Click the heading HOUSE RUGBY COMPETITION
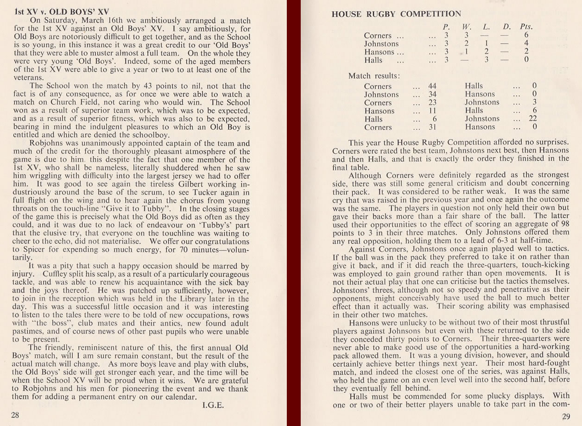[x=396, y=14]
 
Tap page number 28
[x=15, y=415]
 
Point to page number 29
[x=566, y=417]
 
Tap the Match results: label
[x=374, y=76]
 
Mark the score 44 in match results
[x=432, y=86]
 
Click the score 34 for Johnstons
[x=432, y=94]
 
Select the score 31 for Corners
[x=432, y=127]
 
